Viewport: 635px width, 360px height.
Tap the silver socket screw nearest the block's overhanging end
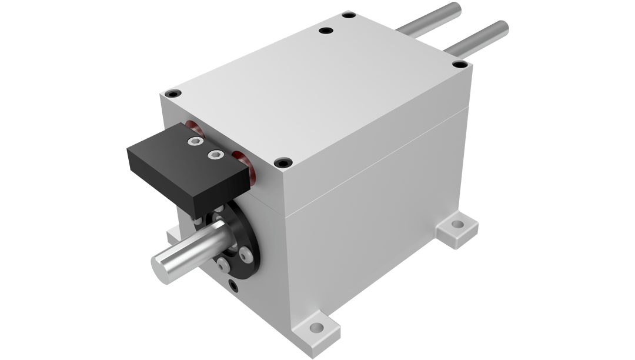[193, 142]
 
